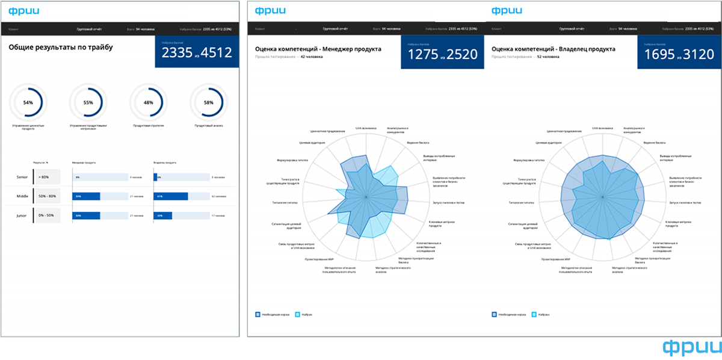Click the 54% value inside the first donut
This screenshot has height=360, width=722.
pos(28,102)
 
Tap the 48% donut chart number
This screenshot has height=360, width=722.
pos(149,102)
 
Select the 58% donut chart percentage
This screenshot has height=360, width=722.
pos(209,102)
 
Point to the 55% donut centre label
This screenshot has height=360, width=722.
pos(88,102)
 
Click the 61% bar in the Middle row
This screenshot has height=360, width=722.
pos(171,196)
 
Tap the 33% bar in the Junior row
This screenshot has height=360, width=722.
pos(163,216)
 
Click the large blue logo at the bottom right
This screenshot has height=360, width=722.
pos(691,347)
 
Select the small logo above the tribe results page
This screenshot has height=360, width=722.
pos(20,10)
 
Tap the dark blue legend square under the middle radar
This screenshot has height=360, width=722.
pos(258,314)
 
